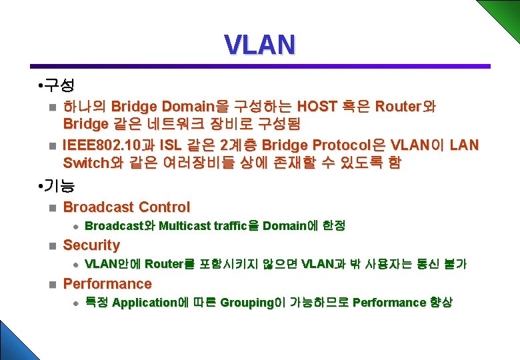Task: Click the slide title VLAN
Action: [x=259, y=45]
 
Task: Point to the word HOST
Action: [x=317, y=107]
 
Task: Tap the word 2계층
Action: [x=239, y=145]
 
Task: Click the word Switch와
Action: [x=88, y=163]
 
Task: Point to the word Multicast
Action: [x=183, y=226]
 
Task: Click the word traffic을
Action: [x=235, y=226]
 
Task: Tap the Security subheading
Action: [x=91, y=245]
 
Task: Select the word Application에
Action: [x=145, y=303]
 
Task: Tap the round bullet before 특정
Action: [x=75, y=303]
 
